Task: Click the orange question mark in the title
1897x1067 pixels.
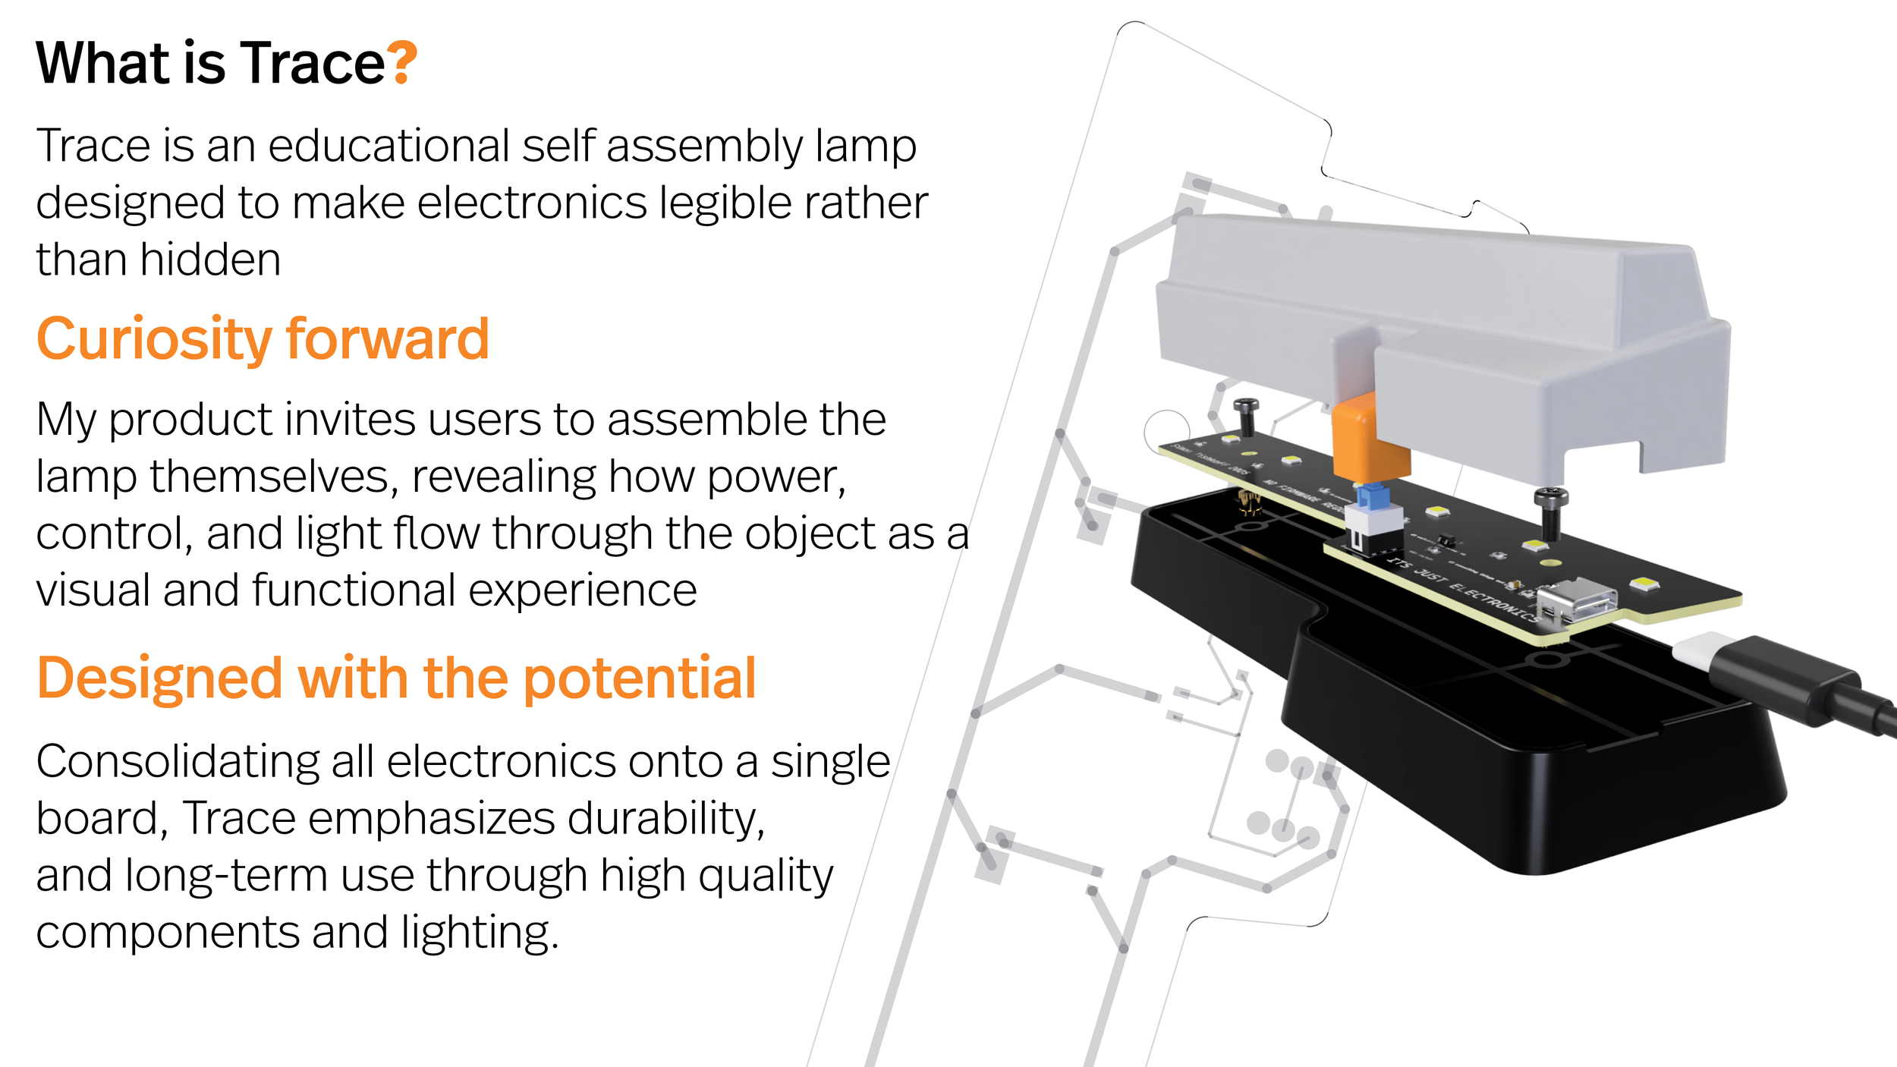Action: [401, 62]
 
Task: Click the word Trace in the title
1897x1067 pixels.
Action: [313, 62]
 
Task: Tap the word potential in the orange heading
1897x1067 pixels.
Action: [640, 678]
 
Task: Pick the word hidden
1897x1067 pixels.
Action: [210, 260]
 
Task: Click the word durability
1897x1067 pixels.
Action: [665, 818]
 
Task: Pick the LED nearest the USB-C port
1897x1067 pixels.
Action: [1644, 583]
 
